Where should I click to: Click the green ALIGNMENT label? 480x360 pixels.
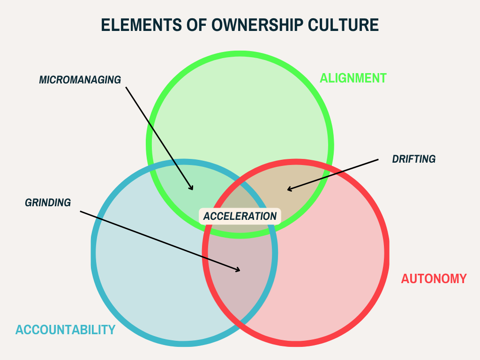(353, 78)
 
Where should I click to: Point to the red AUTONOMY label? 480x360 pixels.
(434, 278)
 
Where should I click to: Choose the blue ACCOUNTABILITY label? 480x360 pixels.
(65, 330)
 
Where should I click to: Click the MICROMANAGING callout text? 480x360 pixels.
(80, 80)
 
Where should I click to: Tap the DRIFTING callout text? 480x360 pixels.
(414, 159)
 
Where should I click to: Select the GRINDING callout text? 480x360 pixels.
(48, 202)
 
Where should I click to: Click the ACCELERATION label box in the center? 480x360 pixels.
(240, 216)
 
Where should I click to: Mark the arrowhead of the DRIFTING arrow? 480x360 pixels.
(288, 190)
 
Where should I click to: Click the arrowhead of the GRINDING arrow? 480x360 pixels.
(239, 270)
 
